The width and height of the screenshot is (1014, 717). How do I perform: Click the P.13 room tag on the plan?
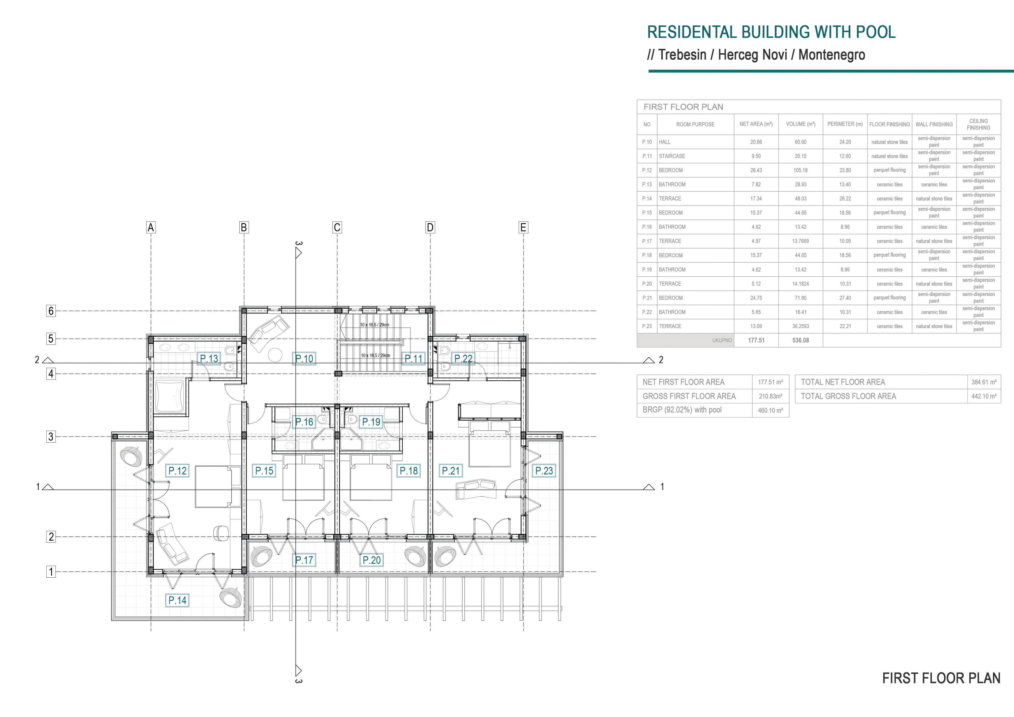(x=209, y=359)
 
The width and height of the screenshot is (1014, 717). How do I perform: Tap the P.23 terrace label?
(x=544, y=471)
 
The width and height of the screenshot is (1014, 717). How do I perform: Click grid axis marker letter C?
(x=337, y=228)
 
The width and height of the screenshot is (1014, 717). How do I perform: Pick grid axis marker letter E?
(x=523, y=228)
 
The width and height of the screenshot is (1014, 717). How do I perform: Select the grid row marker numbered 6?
(x=51, y=311)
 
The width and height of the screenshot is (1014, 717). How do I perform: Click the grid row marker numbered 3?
(x=51, y=437)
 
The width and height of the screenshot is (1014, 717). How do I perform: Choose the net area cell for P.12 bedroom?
(x=756, y=170)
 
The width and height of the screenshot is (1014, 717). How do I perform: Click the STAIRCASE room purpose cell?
(x=695, y=156)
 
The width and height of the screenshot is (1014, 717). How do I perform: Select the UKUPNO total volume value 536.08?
(x=800, y=340)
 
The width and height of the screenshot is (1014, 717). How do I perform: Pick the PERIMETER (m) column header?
(x=845, y=124)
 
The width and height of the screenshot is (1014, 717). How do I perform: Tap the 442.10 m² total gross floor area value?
(x=984, y=396)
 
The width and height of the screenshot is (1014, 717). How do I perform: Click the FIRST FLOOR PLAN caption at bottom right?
(x=941, y=678)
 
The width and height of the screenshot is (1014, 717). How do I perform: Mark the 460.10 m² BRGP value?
(x=770, y=411)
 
